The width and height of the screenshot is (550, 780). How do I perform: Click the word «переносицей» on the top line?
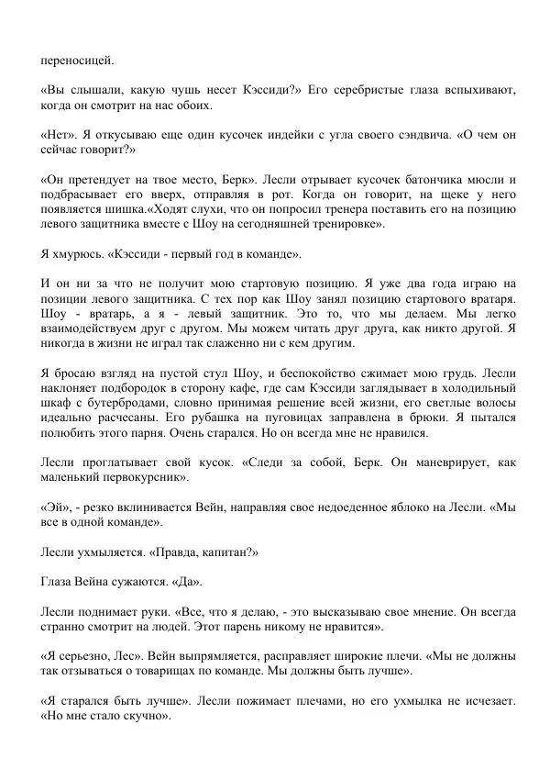pyautogui.click(x=78, y=61)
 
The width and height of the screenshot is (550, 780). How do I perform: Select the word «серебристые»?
pyautogui.click(x=372, y=90)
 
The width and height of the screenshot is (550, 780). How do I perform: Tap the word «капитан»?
pyautogui.click(x=225, y=552)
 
